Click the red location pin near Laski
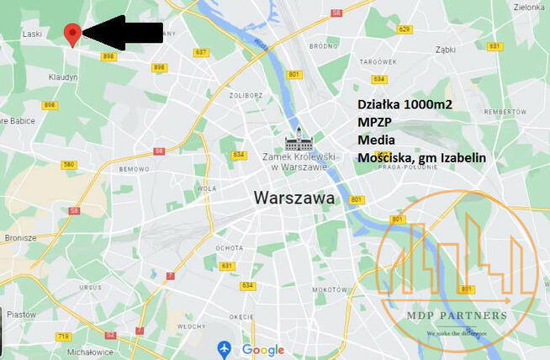[x=73, y=34]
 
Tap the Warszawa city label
[x=294, y=199]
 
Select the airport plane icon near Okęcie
[x=224, y=348]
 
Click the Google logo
[x=263, y=350]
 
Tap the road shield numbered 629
[x=405, y=29]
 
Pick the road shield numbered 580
[x=69, y=165]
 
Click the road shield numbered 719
[x=63, y=336]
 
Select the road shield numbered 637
[x=201, y=52]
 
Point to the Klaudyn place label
[x=63, y=77]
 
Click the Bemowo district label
[x=134, y=169]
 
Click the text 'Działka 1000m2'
[x=405, y=104]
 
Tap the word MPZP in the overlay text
[x=375, y=122]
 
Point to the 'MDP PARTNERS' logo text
[x=466, y=316]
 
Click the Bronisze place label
[x=19, y=237]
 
